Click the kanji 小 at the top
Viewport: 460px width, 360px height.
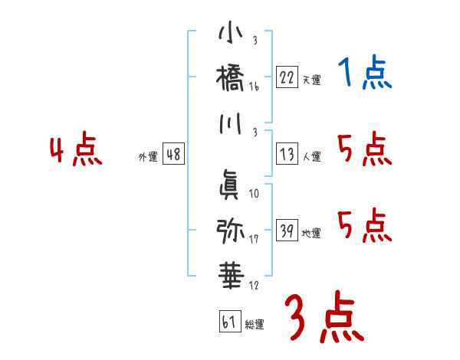[230, 34]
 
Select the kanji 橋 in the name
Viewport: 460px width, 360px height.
[230, 77]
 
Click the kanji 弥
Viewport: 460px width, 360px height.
[230, 229]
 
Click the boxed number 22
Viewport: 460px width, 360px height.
[287, 77]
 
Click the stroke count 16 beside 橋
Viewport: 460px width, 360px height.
[254, 88]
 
